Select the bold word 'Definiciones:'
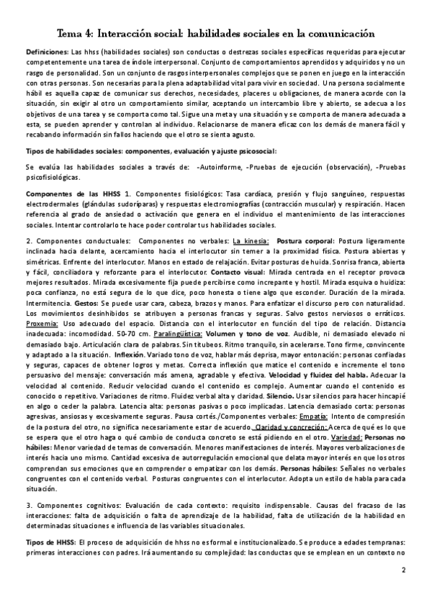(x=45, y=54)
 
